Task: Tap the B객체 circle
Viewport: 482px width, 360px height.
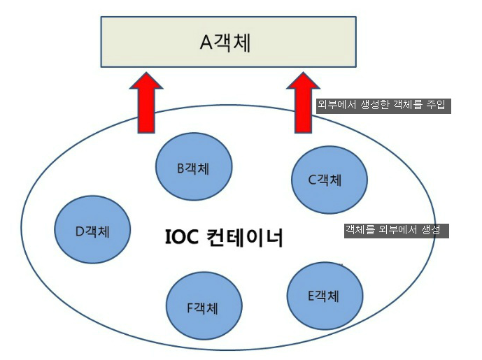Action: click(194, 168)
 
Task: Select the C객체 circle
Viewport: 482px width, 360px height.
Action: click(329, 180)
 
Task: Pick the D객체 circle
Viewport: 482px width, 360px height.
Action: click(92, 230)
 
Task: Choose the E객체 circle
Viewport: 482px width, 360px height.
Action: click(325, 296)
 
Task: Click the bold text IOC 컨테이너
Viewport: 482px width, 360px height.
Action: click(223, 239)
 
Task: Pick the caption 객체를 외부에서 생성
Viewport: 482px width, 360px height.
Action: click(395, 231)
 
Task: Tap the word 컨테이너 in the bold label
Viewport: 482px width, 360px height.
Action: click(245, 239)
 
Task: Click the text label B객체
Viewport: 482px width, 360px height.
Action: click(194, 168)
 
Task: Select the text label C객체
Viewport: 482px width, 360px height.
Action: click(325, 180)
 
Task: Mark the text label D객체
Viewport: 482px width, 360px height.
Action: click(92, 231)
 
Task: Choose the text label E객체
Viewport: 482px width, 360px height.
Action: click(323, 296)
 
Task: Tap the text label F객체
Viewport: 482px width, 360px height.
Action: click(204, 307)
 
